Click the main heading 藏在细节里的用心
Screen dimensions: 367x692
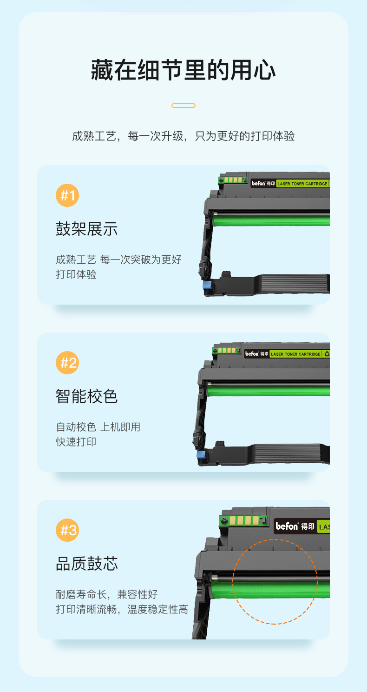click(x=183, y=70)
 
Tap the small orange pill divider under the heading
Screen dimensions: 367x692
click(x=183, y=106)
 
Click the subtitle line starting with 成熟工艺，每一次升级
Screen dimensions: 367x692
click(x=183, y=136)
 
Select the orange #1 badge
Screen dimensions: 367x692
click(x=67, y=195)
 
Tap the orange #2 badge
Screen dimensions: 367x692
click(x=67, y=363)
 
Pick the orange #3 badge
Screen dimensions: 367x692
click(x=67, y=530)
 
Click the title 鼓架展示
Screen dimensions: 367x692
click(x=87, y=229)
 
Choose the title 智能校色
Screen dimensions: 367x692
click(x=87, y=396)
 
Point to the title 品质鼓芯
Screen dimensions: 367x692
click(x=87, y=564)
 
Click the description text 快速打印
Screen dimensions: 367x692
click(x=76, y=442)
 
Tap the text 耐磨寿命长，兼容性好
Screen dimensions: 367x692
click(x=107, y=594)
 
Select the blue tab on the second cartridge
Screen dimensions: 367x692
click(x=201, y=454)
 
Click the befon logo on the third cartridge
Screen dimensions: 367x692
click(x=287, y=526)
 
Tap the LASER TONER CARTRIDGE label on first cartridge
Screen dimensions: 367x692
click(x=302, y=184)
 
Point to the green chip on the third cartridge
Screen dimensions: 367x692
click(x=242, y=521)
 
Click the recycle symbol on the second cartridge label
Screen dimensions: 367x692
click(x=327, y=354)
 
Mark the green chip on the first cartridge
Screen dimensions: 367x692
click(x=232, y=180)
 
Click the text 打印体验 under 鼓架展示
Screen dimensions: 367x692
click(x=76, y=274)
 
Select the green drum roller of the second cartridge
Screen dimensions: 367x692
click(x=268, y=391)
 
